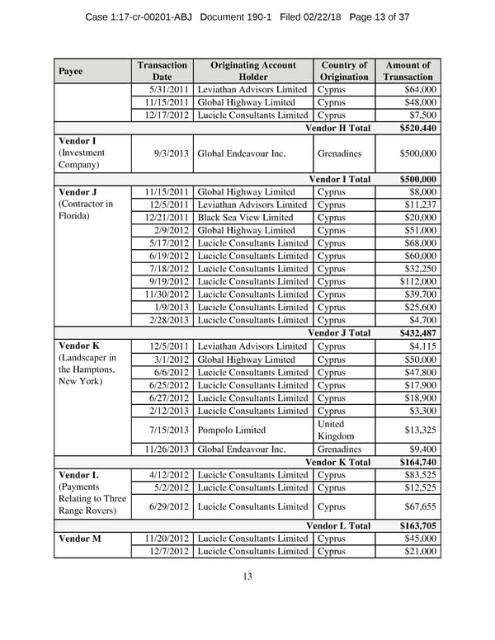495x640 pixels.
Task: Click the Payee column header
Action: click(x=70, y=71)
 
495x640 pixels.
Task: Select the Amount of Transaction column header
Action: click(x=408, y=71)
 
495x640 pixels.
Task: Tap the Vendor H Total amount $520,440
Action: click(x=418, y=128)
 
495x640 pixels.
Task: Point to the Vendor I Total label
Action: click(x=339, y=179)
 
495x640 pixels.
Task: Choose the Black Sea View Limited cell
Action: click(x=245, y=218)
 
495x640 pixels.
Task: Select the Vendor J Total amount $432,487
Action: click(x=418, y=333)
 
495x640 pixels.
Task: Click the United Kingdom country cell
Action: click(x=335, y=430)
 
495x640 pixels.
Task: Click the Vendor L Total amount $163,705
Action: click(x=418, y=526)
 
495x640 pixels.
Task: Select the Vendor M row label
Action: click(x=80, y=539)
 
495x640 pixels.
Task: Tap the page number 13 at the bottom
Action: click(x=247, y=576)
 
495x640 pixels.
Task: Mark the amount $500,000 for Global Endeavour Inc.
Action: click(x=417, y=153)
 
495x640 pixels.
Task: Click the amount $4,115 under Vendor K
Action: click(x=422, y=346)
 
